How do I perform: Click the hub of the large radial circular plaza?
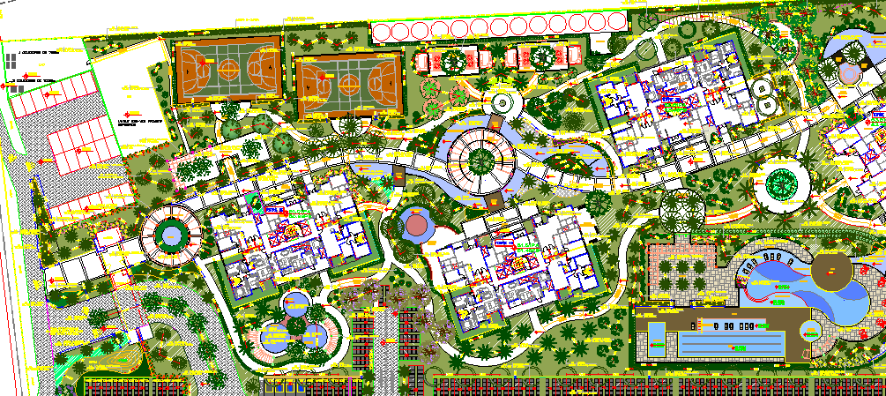(x=481, y=160)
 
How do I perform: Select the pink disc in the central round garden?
(x=415, y=226)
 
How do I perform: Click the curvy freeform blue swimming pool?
(x=776, y=282)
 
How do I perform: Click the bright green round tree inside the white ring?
(x=780, y=184)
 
